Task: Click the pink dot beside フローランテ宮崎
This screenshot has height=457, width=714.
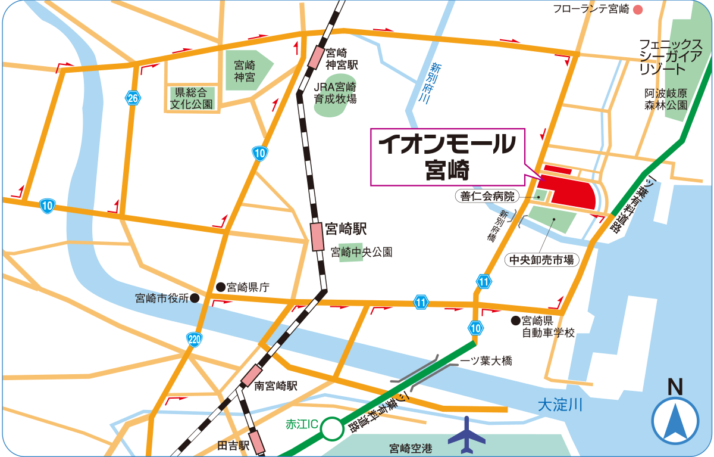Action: [x=638, y=9]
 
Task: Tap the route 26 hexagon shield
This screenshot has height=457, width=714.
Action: [x=132, y=98]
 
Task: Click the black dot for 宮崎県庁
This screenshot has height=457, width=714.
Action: [x=220, y=287]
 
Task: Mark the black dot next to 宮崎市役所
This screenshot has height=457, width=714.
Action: [x=195, y=298]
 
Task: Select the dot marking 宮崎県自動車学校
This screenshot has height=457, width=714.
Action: [x=516, y=321]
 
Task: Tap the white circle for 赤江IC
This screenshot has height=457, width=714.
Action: [x=332, y=428]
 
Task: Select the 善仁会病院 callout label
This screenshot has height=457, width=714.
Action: [x=487, y=195]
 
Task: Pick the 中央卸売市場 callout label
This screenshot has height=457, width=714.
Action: [x=541, y=260]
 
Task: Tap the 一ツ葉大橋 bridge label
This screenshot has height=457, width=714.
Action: [x=486, y=361]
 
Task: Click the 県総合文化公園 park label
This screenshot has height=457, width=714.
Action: [x=191, y=98]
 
